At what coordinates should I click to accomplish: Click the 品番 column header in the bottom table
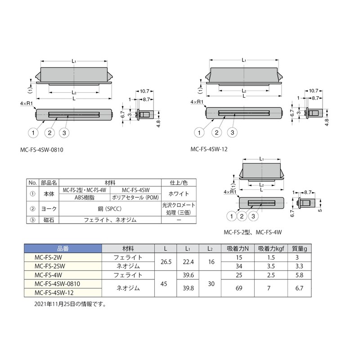(x=63, y=248)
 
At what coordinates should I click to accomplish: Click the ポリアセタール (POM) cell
(x=135, y=196)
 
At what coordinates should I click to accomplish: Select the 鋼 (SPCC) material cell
(x=110, y=208)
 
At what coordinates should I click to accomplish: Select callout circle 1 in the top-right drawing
(x=198, y=132)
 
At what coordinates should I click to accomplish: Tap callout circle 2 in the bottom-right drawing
(x=242, y=216)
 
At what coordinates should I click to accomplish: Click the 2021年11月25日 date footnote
(x=70, y=304)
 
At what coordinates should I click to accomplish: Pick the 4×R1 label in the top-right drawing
(x=198, y=103)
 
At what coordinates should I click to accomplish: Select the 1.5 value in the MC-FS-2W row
(x=270, y=257)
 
